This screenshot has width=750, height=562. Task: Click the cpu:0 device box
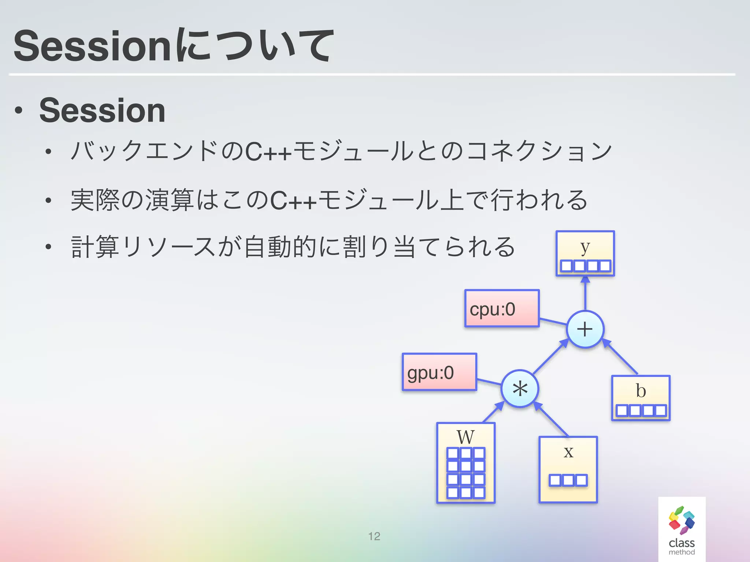[x=502, y=308]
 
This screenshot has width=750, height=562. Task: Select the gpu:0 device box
[x=439, y=372]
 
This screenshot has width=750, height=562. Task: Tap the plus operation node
[x=585, y=329]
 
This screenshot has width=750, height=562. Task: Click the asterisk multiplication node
[x=520, y=389]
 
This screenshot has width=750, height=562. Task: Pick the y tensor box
[x=585, y=254]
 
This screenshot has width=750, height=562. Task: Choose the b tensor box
[x=641, y=398]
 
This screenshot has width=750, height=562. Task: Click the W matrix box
[x=466, y=463]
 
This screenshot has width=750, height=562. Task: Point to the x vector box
[x=568, y=470]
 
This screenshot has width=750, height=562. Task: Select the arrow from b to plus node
[x=621, y=357]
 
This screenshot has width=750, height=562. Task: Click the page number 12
[x=374, y=536]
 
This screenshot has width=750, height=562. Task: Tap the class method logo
[x=682, y=529]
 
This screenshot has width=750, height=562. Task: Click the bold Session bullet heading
[x=102, y=110]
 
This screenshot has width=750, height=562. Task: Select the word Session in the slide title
[x=92, y=46]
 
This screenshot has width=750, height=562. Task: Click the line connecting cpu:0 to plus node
[x=553, y=322]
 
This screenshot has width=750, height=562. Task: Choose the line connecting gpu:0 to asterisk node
[x=489, y=382]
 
